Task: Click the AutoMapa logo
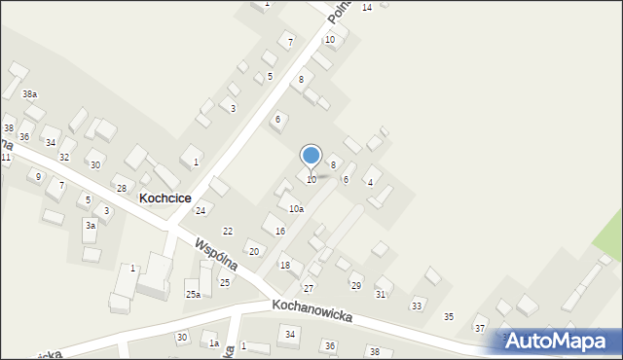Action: [x=562, y=341]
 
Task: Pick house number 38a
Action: [x=30, y=94]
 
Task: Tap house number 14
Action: [x=366, y=8]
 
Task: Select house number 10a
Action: [x=296, y=209]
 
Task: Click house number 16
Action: [x=280, y=232]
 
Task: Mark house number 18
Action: [x=285, y=266]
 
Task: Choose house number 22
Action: [x=228, y=232]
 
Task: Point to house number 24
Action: [x=201, y=211]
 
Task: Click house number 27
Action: [x=309, y=289]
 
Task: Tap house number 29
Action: [x=356, y=286]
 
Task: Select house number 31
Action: [x=381, y=295]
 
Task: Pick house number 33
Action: [x=417, y=306]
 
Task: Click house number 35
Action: [x=449, y=317]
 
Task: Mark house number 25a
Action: [x=193, y=295]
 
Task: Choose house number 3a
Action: [x=90, y=226]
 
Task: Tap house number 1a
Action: [x=213, y=343]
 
